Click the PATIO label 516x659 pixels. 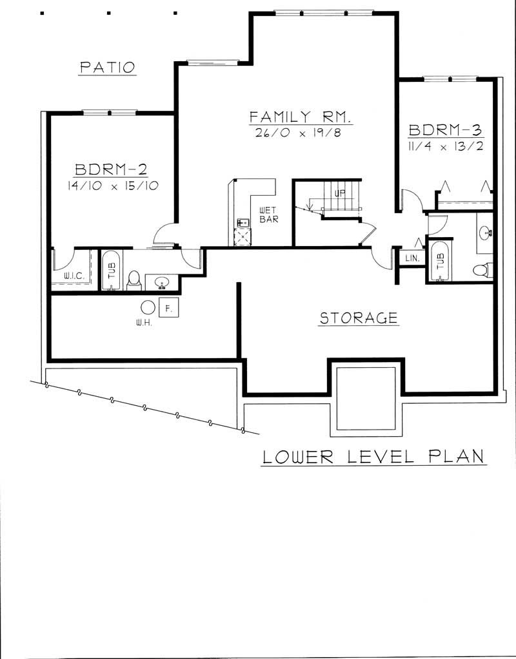[x=107, y=67]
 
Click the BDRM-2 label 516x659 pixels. [x=111, y=169]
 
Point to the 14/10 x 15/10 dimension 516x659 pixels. [x=112, y=186]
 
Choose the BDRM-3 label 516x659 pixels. [x=445, y=130]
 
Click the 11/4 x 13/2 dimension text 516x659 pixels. [x=446, y=146]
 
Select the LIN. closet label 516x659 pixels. [x=412, y=258]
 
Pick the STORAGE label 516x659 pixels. [x=359, y=318]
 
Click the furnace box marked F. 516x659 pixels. [x=168, y=309]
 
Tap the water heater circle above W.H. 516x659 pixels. [x=148, y=308]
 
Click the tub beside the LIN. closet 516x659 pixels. [x=440, y=261]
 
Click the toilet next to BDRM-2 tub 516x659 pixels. [x=134, y=279]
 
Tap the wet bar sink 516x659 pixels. [x=243, y=223]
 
